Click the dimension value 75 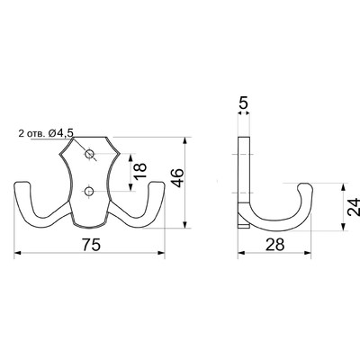click(91, 245)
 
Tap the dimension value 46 click(178, 178)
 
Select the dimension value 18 click(140, 171)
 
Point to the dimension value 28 click(274, 245)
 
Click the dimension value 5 click(244, 103)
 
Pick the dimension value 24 click(354, 207)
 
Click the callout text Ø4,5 click(61, 133)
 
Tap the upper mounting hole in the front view click(89, 154)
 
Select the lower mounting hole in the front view click(88, 191)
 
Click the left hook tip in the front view click(22, 184)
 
